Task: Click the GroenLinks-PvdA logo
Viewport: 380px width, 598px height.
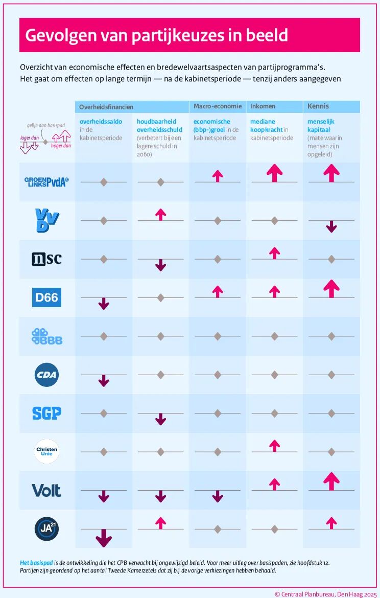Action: (46, 182)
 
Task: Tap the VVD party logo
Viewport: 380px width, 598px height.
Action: (47, 220)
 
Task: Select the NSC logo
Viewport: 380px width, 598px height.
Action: (46, 259)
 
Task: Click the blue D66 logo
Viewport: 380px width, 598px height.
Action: (46, 297)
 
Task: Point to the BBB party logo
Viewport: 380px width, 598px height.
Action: (46, 336)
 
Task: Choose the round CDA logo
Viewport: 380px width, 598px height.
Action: (46, 375)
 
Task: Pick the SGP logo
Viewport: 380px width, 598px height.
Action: (46, 413)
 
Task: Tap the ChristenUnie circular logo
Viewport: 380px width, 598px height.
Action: (46, 451)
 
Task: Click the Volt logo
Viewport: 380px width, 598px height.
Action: (46, 491)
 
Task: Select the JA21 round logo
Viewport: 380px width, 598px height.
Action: (46, 529)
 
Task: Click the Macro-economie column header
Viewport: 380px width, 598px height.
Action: (217, 106)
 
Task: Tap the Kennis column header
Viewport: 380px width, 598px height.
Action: (318, 106)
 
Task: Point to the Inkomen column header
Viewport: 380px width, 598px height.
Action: (263, 106)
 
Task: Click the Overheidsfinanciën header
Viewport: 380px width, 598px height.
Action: (106, 107)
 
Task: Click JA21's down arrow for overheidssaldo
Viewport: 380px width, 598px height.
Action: (104, 538)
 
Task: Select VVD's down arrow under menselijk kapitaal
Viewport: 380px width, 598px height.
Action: (331, 227)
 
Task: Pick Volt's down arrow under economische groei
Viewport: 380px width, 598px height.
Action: (218, 496)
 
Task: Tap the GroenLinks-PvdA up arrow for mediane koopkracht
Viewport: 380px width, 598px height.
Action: (274, 173)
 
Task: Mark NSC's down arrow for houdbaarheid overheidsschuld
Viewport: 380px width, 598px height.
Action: (160, 265)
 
